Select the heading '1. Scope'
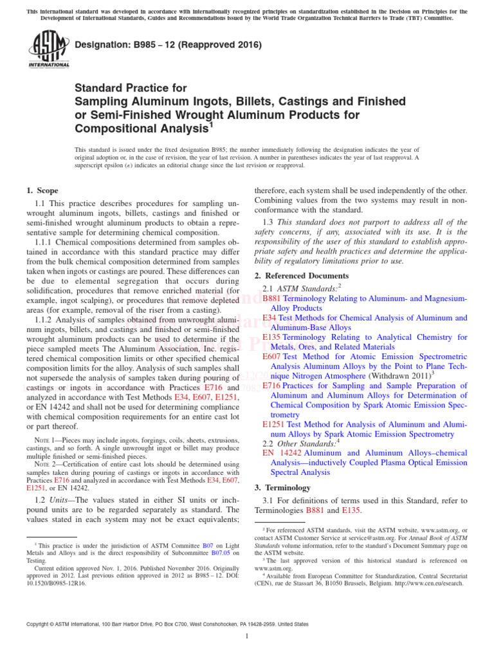[x=42, y=190]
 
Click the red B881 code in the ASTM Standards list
[x=272, y=299]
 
